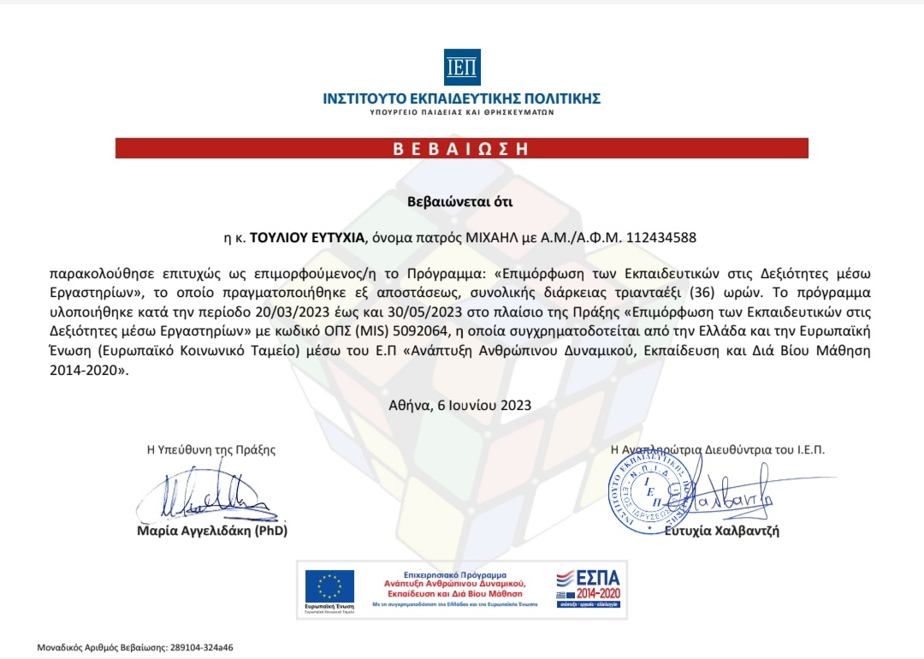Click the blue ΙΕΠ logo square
[462, 67]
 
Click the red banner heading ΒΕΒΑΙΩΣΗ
[462, 148]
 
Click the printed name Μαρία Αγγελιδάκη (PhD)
[212, 531]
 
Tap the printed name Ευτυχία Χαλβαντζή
[722, 531]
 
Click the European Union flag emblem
[329, 586]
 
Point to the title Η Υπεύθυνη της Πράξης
[211, 449]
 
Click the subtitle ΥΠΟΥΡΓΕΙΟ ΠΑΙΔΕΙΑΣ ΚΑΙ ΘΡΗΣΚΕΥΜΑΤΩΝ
[462, 112]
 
